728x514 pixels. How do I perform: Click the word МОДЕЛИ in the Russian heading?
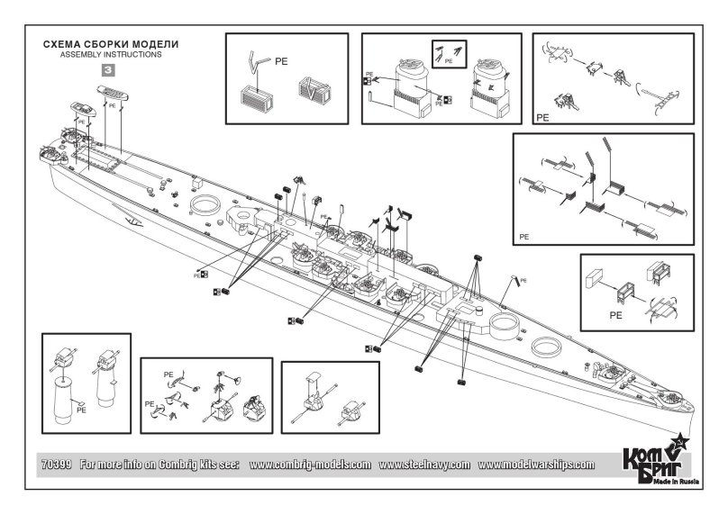pos(154,43)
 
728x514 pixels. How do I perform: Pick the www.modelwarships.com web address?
pos(536,464)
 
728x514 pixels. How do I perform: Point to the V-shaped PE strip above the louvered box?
pos(257,64)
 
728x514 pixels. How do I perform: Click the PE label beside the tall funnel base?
pos(81,409)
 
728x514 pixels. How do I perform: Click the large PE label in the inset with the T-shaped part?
pos(541,117)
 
